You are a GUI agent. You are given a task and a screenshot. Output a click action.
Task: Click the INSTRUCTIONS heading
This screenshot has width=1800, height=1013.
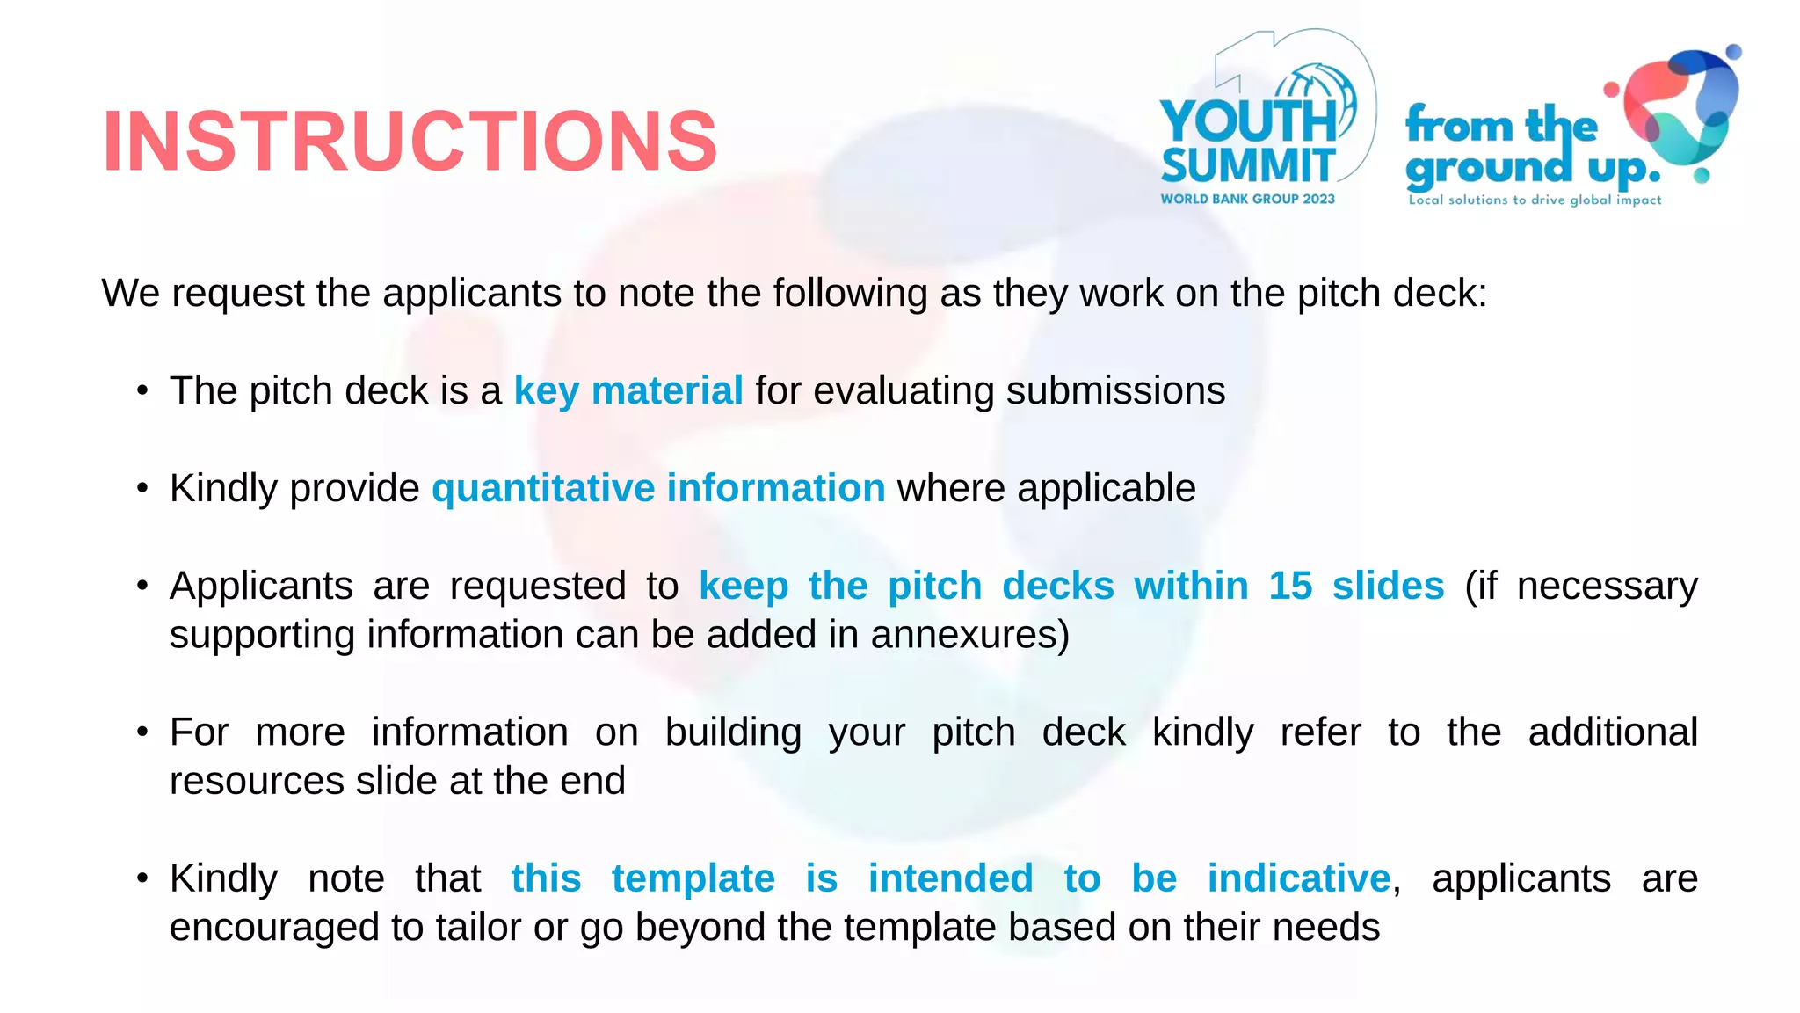pos(410,141)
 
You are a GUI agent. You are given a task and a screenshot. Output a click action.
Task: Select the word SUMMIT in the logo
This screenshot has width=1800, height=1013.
pos(1248,165)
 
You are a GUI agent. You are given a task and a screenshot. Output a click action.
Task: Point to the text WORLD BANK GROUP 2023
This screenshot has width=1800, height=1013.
pos(1247,200)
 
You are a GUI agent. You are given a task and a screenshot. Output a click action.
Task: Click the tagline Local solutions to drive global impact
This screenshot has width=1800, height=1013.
pos(1535,200)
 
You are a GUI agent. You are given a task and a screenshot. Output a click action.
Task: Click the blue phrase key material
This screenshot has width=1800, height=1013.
pos(628,390)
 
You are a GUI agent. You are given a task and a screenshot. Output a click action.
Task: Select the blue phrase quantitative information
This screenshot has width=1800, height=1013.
pos(658,488)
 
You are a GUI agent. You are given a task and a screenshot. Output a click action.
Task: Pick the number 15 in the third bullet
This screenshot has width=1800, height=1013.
pos(1290,586)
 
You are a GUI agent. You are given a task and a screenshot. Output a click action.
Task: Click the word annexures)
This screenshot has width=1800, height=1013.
pos(970,635)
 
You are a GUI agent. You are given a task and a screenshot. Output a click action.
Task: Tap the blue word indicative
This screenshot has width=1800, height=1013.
pos(1299,878)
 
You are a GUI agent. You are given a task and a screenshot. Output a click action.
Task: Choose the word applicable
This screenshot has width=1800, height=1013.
pos(1107,488)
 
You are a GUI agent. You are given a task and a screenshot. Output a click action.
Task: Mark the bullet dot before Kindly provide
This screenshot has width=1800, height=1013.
pos(142,488)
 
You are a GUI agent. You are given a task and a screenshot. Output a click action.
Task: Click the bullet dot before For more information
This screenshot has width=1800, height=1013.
pos(142,732)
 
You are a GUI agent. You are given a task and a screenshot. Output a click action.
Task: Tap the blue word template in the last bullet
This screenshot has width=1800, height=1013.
pos(693,878)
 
